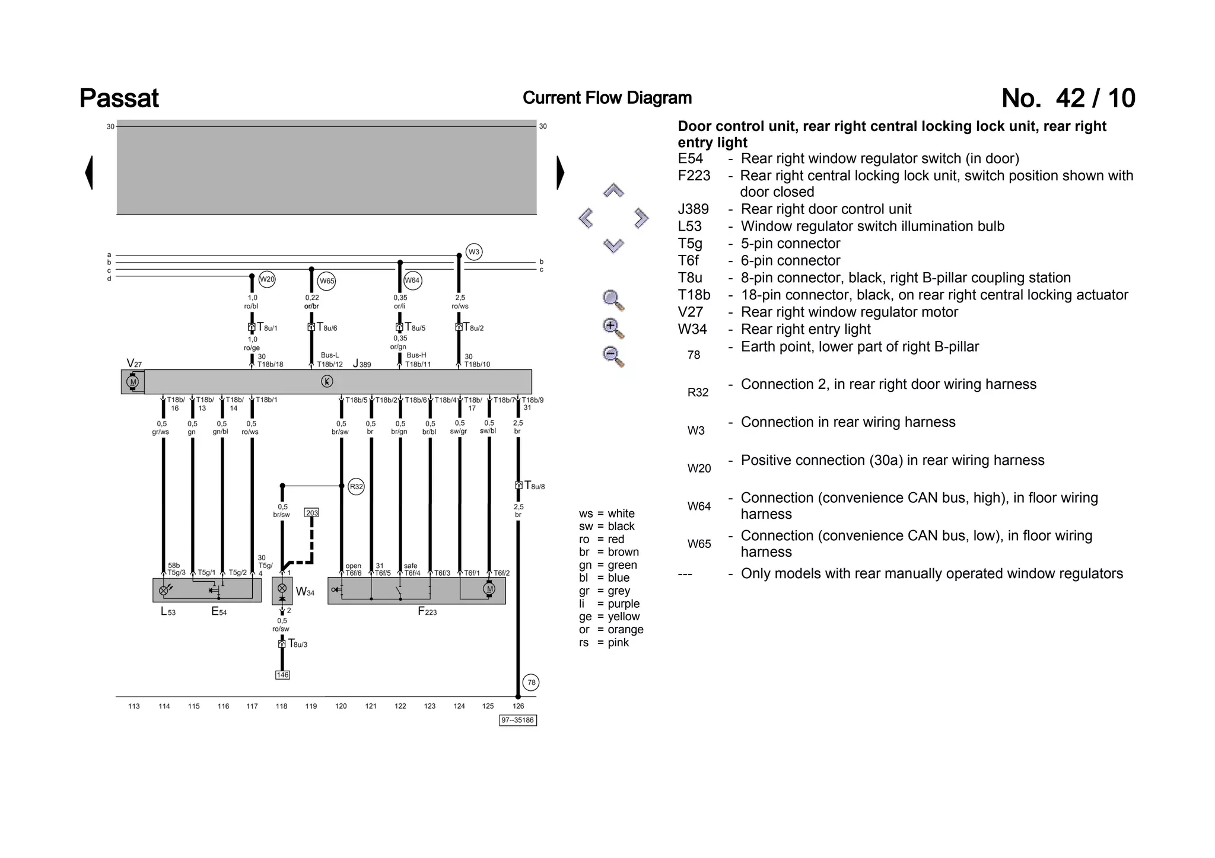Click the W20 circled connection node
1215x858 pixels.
[267, 279]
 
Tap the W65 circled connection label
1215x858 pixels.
[327, 281]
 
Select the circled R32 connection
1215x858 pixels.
[356, 487]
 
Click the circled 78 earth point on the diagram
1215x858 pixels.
[531, 682]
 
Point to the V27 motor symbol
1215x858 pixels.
[133, 382]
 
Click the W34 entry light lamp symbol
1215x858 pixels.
[282, 589]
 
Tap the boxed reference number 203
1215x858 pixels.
[311, 512]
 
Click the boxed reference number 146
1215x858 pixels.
[282, 675]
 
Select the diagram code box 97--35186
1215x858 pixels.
[518, 720]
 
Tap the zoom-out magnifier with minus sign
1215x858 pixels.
[612, 356]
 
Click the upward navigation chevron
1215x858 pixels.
[613, 191]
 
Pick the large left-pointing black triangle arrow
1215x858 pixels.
[89, 173]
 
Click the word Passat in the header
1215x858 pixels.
[119, 98]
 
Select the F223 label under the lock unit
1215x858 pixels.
[427, 612]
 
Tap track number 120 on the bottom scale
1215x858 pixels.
[341, 706]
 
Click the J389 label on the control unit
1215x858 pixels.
[362, 363]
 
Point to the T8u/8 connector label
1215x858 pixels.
[534, 486]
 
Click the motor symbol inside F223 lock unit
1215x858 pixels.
[489, 589]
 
